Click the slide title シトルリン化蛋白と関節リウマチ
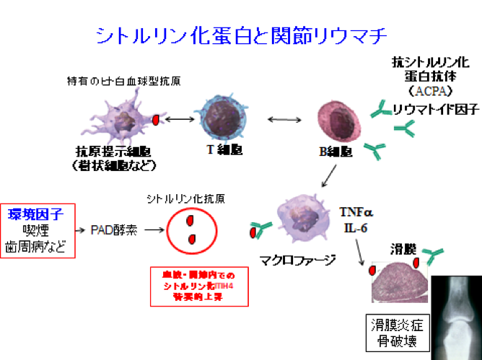(x=241, y=35)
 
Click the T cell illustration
(x=219, y=120)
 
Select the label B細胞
(x=335, y=154)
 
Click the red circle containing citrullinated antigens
(x=191, y=230)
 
